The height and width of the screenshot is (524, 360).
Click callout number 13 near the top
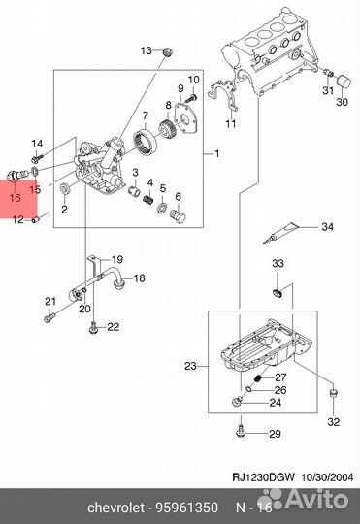click(x=147, y=50)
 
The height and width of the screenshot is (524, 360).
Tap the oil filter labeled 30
click(x=344, y=82)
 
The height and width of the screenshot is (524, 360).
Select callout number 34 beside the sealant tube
click(x=327, y=227)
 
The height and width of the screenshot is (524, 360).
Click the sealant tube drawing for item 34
click(x=280, y=233)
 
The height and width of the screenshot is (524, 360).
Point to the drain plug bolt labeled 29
click(x=240, y=431)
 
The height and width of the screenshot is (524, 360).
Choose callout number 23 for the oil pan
click(x=190, y=366)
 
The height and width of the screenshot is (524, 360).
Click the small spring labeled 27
click(x=258, y=378)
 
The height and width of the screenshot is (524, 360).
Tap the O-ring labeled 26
click(x=248, y=389)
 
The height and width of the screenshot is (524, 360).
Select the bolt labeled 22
click(x=93, y=327)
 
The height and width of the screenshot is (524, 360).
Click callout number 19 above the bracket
click(x=117, y=259)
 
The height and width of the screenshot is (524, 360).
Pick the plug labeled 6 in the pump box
click(x=178, y=216)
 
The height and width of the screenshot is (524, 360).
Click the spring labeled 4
click(x=148, y=199)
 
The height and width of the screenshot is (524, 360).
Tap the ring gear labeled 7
click(x=145, y=142)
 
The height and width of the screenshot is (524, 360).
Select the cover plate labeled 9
click(x=186, y=119)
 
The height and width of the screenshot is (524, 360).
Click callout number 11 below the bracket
click(x=231, y=124)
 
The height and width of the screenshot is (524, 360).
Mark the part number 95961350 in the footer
click(x=186, y=508)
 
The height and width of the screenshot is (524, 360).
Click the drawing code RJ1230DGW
click(x=263, y=477)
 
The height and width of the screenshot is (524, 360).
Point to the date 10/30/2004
click(x=328, y=477)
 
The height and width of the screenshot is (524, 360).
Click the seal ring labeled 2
click(x=64, y=188)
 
